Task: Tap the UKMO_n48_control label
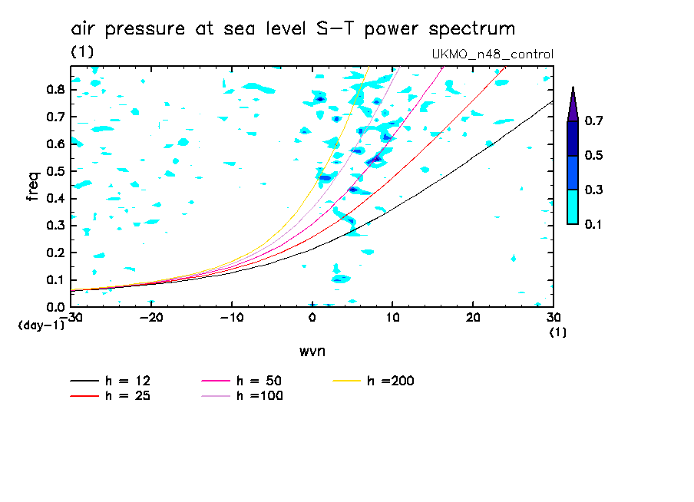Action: tap(493, 54)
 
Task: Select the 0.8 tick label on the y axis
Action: tap(54, 89)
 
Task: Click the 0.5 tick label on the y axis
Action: tap(54, 171)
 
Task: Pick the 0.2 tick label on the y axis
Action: tap(54, 253)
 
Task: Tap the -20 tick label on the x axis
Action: tap(151, 317)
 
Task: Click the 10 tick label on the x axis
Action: tap(392, 317)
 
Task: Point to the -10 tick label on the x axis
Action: tap(232, 317)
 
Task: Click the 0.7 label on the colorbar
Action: tap(593, 121)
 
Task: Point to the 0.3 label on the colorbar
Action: tap(593, 190)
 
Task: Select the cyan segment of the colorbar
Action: tap(573, 206)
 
